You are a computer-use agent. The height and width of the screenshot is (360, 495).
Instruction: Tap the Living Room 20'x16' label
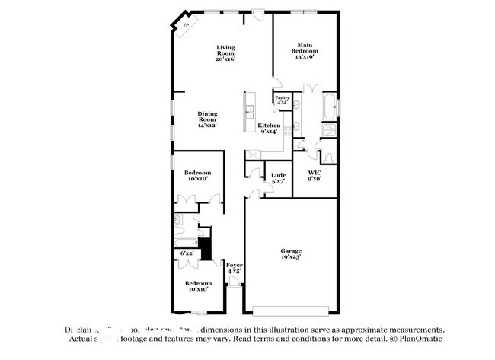225,51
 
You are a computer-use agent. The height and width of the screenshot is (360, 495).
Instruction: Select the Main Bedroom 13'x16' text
305,51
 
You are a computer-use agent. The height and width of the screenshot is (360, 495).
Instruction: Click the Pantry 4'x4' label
282,100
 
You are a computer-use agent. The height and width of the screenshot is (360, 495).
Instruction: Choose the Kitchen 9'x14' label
269,129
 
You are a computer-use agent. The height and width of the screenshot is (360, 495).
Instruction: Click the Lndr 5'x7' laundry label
278,178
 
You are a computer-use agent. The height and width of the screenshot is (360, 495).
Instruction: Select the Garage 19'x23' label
290,253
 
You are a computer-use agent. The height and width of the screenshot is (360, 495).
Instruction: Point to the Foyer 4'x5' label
234,268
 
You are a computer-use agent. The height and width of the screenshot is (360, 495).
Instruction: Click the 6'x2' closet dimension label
187,253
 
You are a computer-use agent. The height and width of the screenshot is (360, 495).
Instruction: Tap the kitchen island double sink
249,114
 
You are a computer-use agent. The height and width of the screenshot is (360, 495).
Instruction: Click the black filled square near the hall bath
203,247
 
